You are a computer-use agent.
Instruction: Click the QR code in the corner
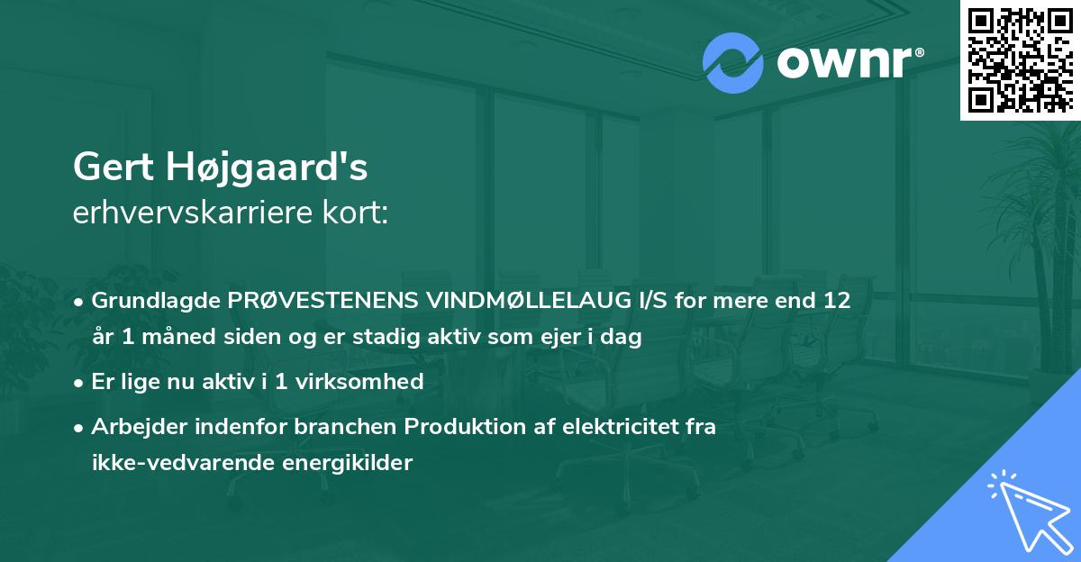(x=1020, y=59)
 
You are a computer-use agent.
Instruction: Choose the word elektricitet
(x=615, y=427)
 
